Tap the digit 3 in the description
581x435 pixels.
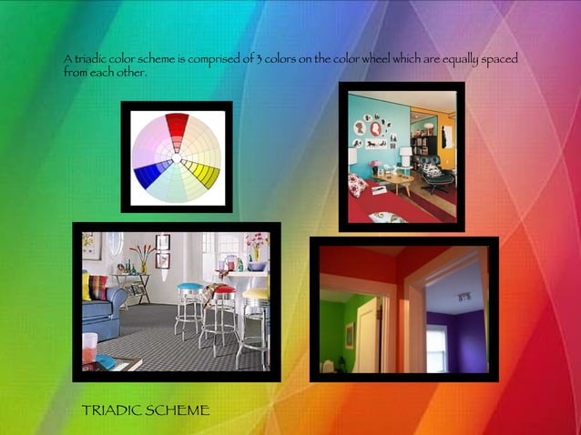[x=260, y=59]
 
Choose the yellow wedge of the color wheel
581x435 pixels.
[x=206, y=173]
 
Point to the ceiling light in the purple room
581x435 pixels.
[x=463, y=296]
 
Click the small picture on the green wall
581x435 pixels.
[x=349, y=335]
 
